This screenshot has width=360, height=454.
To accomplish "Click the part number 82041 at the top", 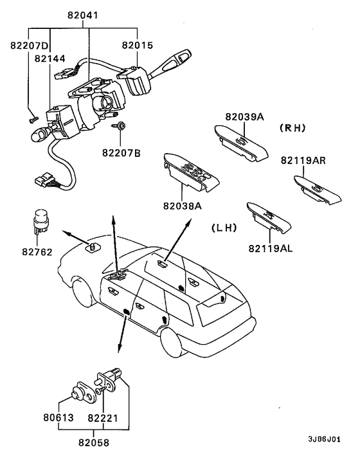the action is pyautogui.click(x=83, y=15).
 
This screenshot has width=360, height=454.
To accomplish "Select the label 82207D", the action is pyautogui.click(x=29, y=46).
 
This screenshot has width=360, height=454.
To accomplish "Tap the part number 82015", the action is pyautogui.click(x=137, y=45).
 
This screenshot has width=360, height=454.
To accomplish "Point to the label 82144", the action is pyautogui.click(x=50, y=59).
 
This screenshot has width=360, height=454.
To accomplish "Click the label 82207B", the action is pyautogui.click(x=122, y=152).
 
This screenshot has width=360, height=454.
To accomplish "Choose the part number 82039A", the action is pyautogui.click(x=245, y=116).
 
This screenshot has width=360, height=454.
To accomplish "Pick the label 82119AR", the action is pyautogui.click(x=303, y=160).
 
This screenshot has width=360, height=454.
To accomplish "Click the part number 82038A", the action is pyautogui.click(x=183, y=206).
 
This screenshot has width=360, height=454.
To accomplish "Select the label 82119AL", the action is pyautogui.click(x=271, y=248).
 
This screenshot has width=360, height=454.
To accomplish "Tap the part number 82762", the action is pyautogui.click(x=37, y=252).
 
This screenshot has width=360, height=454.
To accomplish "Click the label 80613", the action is pyautogui.click(x=59, y=417).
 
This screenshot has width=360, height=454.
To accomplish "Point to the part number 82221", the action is pyautogui.click(x=103, y=418).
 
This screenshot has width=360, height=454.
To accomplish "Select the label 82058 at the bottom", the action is pyautogui.click(x=94, y=442).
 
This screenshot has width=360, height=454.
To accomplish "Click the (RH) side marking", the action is pyautogui.click(x=292, y=128).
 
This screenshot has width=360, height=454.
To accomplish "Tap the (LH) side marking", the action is pyautogui.click(x=224, y=228).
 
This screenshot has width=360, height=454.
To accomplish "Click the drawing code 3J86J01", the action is pyautogui.click(x=324, y=439).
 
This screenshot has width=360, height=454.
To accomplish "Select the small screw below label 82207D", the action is pyautogui.click(x=33, y=120).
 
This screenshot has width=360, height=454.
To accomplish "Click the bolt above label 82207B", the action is pyautogui.click(x=119, y=126).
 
